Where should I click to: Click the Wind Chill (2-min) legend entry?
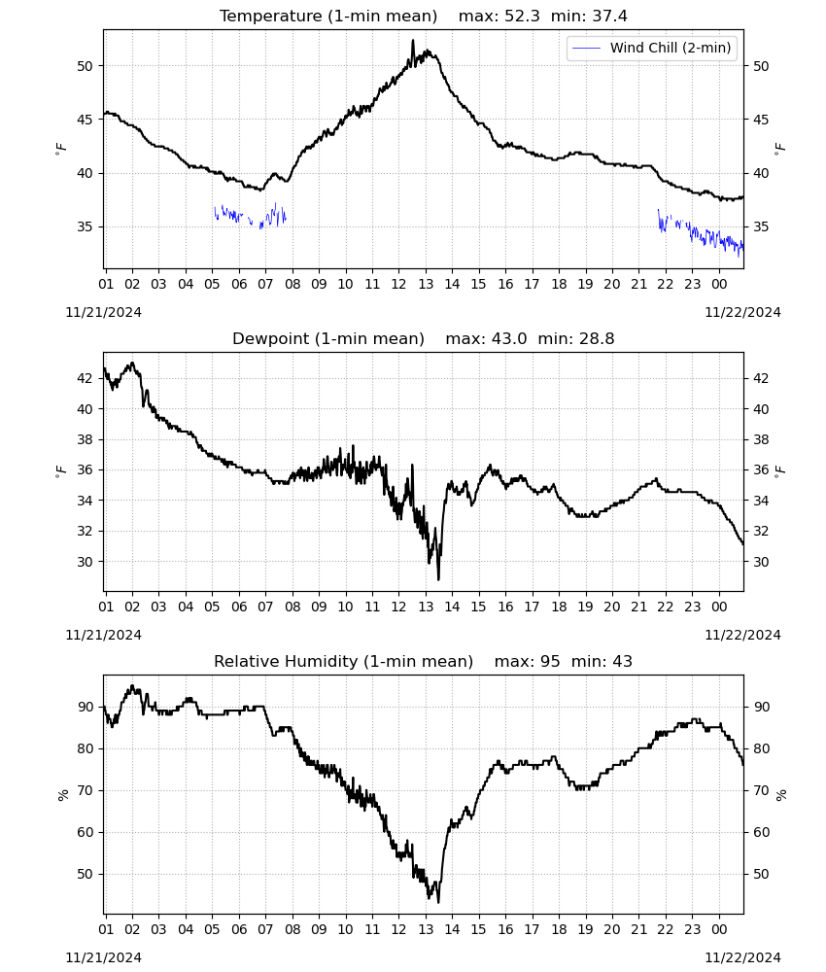pyautogui.click(x=652, y=48)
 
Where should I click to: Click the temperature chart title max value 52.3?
pyautogui.click(x=523, y=17)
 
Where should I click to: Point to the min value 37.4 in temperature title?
pyautogui.click(x=609, y=17)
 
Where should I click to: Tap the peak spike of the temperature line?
pyautogui.click(x=413, y=40)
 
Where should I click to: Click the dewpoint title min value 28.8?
pyautogui.click(x=597, y=339)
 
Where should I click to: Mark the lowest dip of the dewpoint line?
pyautogui.click(x=438, y=579)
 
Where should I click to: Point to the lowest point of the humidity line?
pyautogui.click(x=438, y=902)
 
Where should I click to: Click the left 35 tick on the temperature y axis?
pyautogui.click(x=85, y=226)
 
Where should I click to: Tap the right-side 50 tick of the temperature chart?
pyautogui.click(x=761, y=66)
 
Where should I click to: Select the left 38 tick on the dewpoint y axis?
pyautogui.click(x=85, y=440)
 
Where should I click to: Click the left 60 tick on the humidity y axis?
pyautogui.click(x=85, y=833)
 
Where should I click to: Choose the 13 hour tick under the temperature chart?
pyautogui.click(x=426, y=285)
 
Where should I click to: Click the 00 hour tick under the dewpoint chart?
pyautogui.click(x=719, y=607)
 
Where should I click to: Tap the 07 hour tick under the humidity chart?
pyautogui.click(x=265, y=930)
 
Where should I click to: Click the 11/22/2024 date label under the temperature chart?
pyautogui.click(x=742, y=312)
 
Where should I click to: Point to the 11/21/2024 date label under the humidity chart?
pyautogui.click(x=103, y=957)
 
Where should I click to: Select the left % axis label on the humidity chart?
pyautogui.click(x=63, y=795)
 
